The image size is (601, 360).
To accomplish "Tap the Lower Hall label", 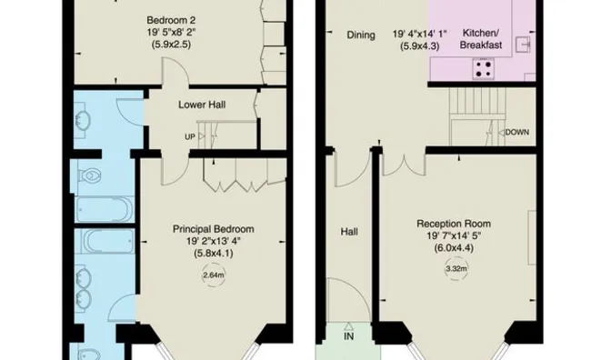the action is (x=202, y=105).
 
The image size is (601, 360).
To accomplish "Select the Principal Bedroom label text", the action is (x=213, y=229).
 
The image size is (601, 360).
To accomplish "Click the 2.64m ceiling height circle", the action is (x=214, y=275).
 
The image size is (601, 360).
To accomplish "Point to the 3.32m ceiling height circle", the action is (x=456, y=269).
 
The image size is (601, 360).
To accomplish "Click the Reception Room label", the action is (x=454, y=224).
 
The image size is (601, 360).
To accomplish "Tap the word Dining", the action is (x=361, y=35).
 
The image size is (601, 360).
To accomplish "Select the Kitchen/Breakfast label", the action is (x=481, y=39).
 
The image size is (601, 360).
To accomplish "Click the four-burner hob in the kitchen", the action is (x=483, y=68).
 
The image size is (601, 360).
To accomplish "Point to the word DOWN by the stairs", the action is (x=517, y=132).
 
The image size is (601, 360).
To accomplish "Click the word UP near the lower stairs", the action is (x=190, y=137).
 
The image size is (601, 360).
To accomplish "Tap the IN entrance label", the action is (x=349, y=336).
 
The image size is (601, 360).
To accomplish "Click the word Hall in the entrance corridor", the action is (x=349, y=232).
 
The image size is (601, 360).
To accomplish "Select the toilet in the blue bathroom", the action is (x=89, y=176).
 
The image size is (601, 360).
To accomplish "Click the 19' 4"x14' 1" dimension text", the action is (x=420, y=35).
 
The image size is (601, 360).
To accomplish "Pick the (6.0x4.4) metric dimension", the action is (x=454, y=248).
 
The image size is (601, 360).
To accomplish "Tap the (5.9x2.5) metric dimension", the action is (x=171, y=44).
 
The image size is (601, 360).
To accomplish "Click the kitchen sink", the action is (x=523, y=44).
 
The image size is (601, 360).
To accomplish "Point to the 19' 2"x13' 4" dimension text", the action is (x=214, y=241).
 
